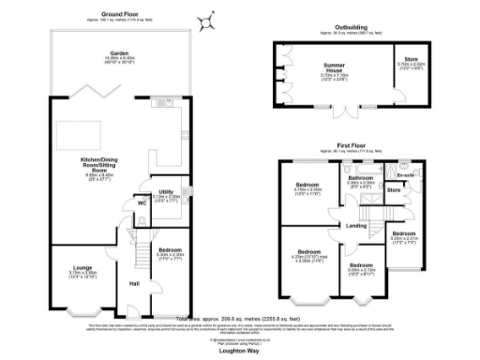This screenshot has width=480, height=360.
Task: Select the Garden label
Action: pyautogui.click(x=118, y=53)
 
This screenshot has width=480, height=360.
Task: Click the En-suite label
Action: pyautogui.click(x=405, y=174)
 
